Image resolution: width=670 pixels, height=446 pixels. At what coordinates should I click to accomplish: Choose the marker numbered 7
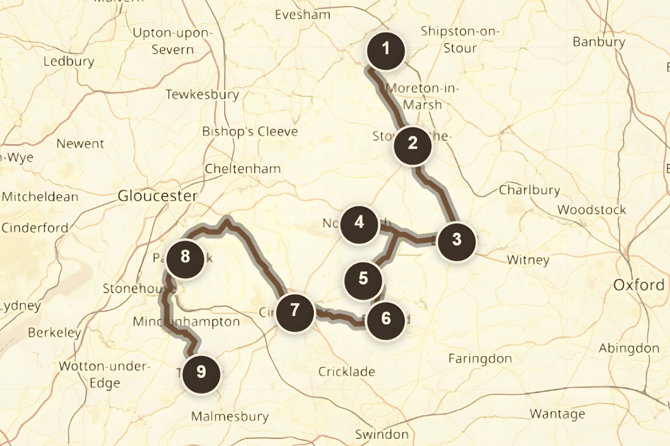(295, 311)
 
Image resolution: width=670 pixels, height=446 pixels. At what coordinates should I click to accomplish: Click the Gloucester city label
(157, 196)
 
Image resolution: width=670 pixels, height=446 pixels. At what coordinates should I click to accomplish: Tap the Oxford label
(639, 285)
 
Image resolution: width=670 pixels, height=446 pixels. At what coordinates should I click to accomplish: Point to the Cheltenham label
(243, 169)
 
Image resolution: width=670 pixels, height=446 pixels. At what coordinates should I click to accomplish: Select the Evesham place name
(303, 15)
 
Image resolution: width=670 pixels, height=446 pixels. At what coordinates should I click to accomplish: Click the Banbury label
(599, 42)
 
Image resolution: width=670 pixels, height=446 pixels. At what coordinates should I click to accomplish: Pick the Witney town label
(528, 260)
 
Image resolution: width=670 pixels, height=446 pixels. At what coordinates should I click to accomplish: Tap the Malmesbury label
(230, 416)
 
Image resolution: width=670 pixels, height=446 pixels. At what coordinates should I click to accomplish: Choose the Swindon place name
(381, 434)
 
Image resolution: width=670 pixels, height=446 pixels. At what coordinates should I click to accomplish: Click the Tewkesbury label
(202, 95)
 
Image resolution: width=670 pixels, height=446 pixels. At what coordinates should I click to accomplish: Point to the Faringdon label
(480, 358)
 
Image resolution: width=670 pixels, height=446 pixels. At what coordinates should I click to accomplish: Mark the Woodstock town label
(592, 210)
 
